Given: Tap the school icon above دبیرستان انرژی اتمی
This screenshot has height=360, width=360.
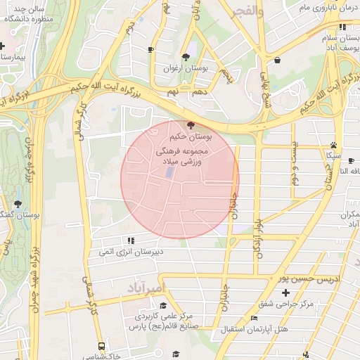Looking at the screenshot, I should [x=131, y=240].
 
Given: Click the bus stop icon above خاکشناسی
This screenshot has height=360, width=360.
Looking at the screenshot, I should [x=102, y=346].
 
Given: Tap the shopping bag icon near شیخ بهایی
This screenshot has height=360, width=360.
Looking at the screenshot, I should [x=277, y=60].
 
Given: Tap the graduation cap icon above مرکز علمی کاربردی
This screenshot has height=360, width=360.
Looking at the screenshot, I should [x=164, y=305].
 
